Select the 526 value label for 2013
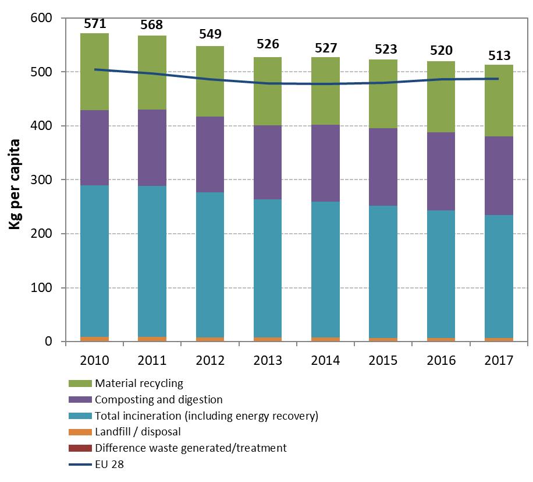tap(268, 44)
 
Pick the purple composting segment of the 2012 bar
tap(210, 154)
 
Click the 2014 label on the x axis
tap(325, 360)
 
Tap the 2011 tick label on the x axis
tap(152, 360)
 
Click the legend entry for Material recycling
tap(139, 384)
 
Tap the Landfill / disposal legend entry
tap(138, 432)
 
